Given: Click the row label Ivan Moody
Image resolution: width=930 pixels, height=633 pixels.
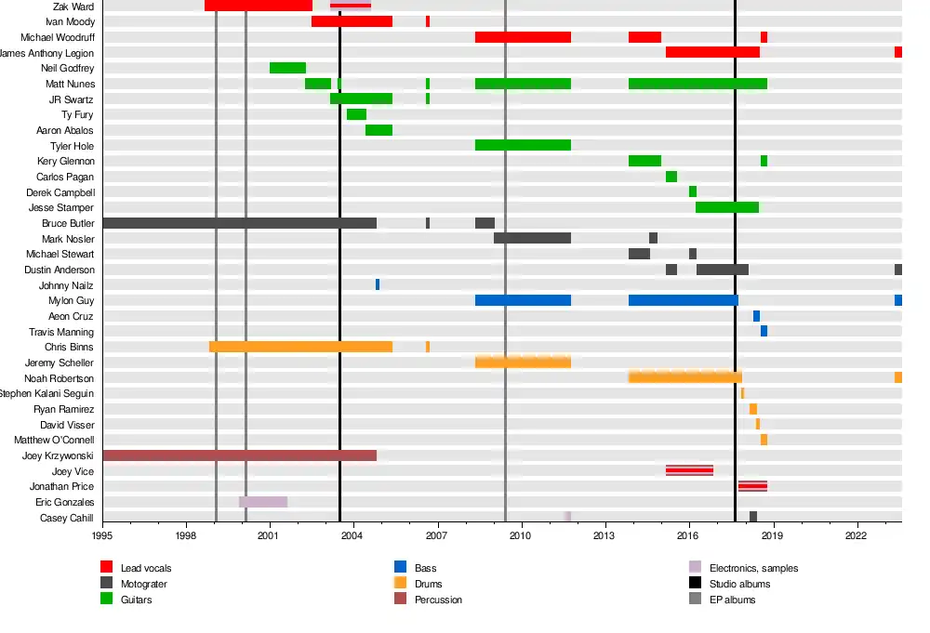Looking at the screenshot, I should pos(70,21).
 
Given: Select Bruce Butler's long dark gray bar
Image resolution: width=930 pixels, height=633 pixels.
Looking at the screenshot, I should pos(239,223).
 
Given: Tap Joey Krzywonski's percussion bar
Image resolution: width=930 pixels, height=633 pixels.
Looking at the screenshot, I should pos(239,455).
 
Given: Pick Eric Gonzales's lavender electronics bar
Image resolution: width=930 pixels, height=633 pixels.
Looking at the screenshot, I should pos(263,502).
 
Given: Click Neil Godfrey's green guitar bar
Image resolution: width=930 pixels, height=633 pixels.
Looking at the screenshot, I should pos(287,68).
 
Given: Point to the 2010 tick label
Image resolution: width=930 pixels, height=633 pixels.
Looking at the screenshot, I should pos(521,535).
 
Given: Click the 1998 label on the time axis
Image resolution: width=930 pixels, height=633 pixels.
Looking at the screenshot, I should pos(186,535).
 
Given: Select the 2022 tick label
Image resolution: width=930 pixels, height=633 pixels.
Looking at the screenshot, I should pos(857,535).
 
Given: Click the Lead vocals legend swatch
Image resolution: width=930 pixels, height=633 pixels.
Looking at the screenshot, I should pos(107,567).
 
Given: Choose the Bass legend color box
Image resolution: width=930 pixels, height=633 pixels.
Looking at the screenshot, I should pos(401,567).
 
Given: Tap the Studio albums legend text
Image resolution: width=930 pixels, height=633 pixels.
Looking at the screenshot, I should pos(739,584).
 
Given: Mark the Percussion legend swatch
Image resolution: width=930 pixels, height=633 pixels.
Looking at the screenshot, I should pos(401,600).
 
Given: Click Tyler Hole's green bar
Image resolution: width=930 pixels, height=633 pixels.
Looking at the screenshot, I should pos(523,145).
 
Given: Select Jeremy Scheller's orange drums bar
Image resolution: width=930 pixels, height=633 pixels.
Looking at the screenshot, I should pos(523,362).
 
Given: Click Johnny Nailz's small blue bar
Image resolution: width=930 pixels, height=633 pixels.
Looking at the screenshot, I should pos(378,284).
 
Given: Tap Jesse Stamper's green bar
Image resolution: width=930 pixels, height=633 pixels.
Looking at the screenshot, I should pos(727,207).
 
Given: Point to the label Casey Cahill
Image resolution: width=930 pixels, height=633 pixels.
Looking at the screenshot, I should pos(67,518).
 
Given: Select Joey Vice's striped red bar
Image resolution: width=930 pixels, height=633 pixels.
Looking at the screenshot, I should pos(689,470).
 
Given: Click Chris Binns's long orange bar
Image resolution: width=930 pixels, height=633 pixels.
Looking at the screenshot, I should pos(300,347).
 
